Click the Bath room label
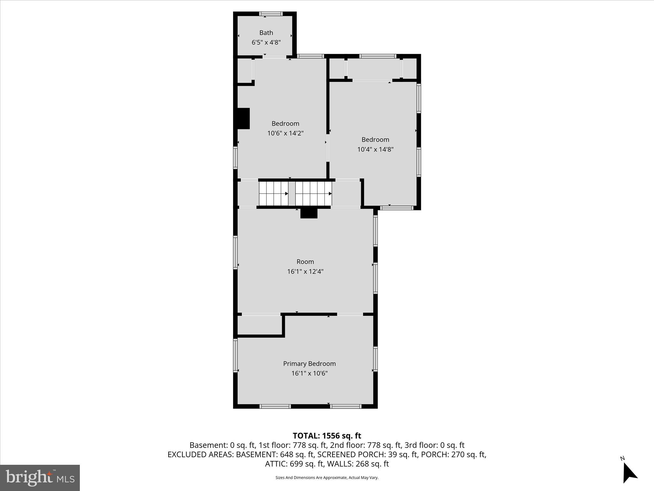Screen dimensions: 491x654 [x=266, y=33]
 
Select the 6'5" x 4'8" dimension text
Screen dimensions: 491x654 [x=266, y=42]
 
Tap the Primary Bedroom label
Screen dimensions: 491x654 [x=309, y=363]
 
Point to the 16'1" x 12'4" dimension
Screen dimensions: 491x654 [x=305, y=271]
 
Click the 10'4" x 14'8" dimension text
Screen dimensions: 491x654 [x=375, y=149]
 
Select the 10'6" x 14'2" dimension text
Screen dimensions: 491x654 [x=285, y=133]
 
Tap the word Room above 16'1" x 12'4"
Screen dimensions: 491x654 [x=305, y=261]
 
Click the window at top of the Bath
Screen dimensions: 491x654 [x=270, y=14]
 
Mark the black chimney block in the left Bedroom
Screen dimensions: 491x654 [x=244, y=118]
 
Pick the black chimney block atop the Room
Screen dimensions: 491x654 [x=309, y=213]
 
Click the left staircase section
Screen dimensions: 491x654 [x=273, y=193]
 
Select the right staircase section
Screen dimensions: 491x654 [x=313, y=193]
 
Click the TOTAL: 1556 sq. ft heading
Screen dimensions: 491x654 [x=327, y=436]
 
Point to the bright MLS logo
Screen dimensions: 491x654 [x=40, y=478]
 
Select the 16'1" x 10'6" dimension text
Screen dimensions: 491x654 [x=309, y=373]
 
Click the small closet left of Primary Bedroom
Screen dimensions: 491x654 [x=259, y=325]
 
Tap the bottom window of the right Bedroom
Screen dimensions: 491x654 [x=397, y=208]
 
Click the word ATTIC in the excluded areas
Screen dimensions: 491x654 [x=276, y=464]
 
